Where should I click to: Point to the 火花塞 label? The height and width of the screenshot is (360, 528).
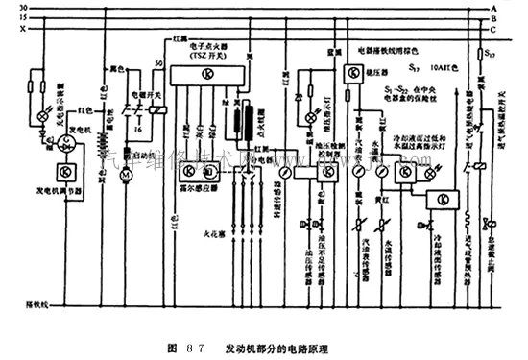189,230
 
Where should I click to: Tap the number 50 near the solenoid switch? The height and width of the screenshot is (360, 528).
158,63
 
